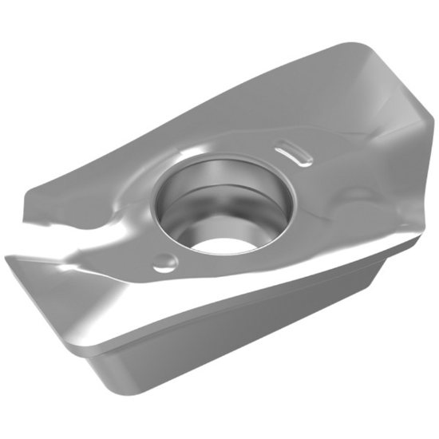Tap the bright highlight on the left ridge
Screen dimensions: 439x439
pyautogui.click(x=120, y=239)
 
